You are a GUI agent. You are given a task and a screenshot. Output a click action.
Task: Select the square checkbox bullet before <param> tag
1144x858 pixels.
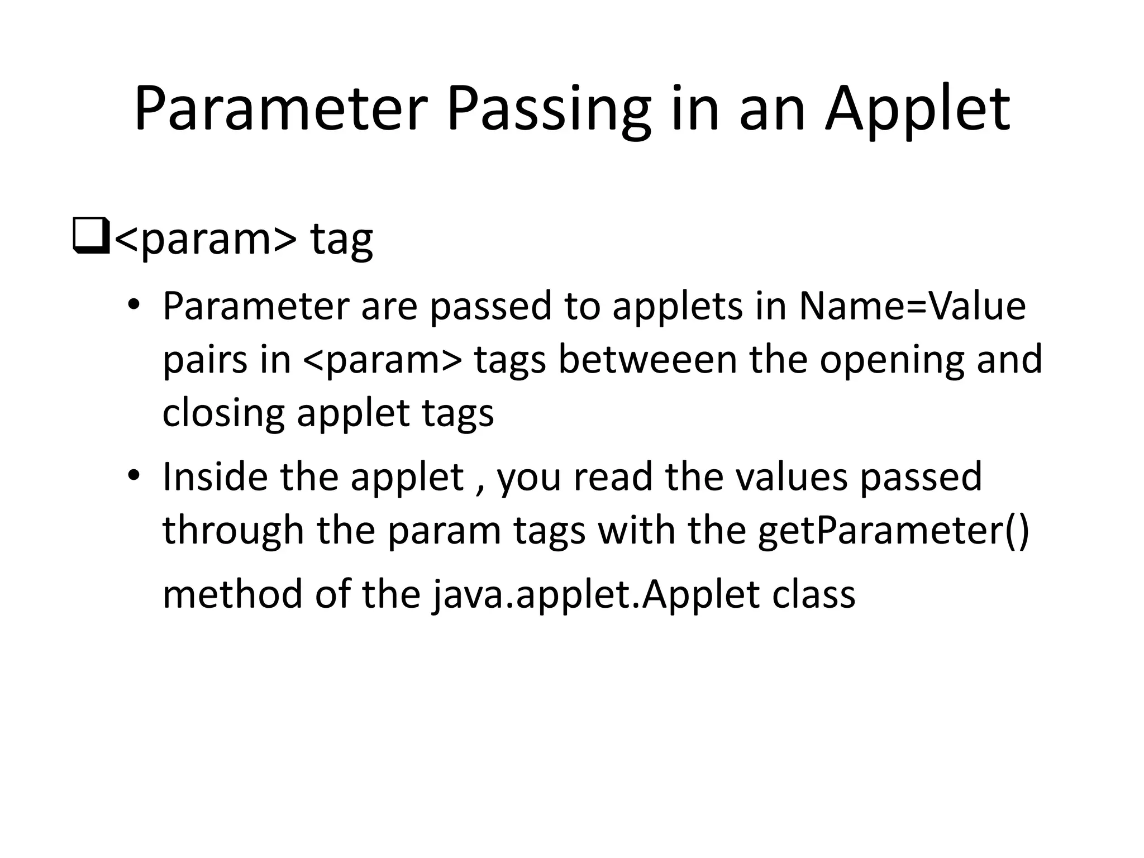[90, 238]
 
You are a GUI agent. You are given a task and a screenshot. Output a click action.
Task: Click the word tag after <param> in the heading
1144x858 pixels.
[341, 239]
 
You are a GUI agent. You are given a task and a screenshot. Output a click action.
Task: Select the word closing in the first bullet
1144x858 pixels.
[223, 413]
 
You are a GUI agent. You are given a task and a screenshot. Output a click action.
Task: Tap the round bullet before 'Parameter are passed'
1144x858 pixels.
[133, 305]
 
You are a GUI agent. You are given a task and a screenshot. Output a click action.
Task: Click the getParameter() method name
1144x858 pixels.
[893, 530]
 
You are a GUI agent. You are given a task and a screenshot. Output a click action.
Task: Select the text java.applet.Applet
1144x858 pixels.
[595, 594]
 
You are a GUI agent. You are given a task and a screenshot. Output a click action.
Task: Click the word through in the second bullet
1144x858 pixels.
[233, 530]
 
